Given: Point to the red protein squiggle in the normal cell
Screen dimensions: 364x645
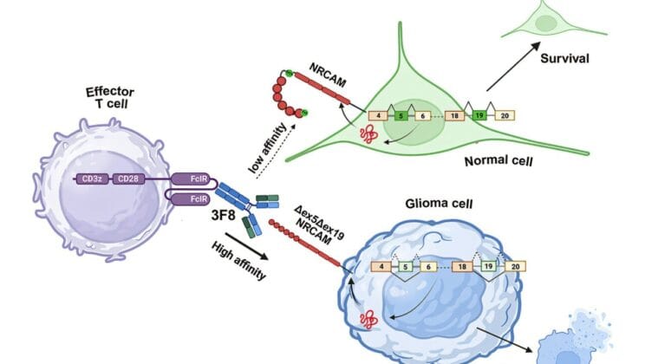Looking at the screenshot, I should click(x=367, y=136).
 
